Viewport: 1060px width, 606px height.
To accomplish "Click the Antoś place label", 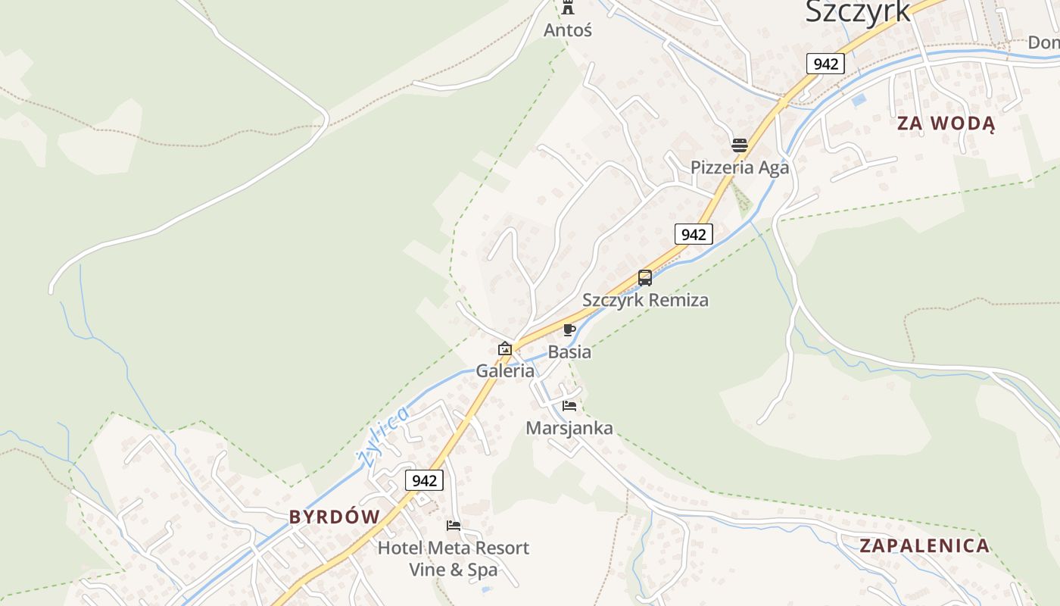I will [568, 30].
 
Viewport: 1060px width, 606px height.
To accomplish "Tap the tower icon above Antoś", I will [568, 8].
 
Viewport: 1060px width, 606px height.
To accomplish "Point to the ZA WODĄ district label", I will [946, 123].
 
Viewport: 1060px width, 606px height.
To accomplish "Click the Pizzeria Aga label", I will [740, 167].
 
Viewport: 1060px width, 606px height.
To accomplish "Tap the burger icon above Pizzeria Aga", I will [740, 145].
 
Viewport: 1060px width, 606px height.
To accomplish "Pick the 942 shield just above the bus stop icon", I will [694, 234].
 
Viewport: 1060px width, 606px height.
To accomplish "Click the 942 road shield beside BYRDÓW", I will [424, 480].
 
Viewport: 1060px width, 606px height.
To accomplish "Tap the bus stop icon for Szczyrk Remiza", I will [645, 278].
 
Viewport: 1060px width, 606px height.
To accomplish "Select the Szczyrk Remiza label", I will [645, 300].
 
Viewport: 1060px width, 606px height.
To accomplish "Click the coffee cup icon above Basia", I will [569, 330].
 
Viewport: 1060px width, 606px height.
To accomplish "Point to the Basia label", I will [569, 352].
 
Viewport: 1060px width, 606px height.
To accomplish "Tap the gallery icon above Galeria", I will [505, 348].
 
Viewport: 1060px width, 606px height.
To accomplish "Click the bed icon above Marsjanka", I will [569, 406].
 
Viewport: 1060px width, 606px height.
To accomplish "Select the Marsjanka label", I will [569, 429].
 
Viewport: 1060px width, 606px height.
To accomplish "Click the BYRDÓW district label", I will [335, 517].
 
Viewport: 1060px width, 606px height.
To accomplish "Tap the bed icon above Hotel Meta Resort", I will [454, 525].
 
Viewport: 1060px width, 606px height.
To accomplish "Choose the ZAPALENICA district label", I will [924, 545].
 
